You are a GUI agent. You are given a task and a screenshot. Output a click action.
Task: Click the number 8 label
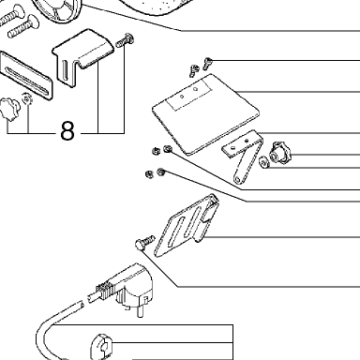pyautogui.click(x=67, y=130)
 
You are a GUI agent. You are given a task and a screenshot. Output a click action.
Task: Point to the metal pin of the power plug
pyautogui.click(x=141, y=311)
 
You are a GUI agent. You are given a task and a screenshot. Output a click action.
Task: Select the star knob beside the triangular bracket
pyautogui.click(x=279, y=154)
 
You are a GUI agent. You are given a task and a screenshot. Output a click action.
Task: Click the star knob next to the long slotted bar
pyautogui.click(x=9, y=109)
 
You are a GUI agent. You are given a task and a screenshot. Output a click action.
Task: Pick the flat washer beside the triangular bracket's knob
pyautogui.click(x=264, y=162)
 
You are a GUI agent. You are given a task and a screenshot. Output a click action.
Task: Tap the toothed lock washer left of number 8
pyautogui.click(x=27, y=99)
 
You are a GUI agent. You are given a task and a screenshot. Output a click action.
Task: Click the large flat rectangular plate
pyautogui.click(x=205, y=114)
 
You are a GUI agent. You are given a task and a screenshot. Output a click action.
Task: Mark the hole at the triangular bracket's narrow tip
pyautogui.click(x=238, y=179)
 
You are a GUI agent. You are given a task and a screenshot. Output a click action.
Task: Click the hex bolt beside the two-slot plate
pyautogui.click(x=144, y=242)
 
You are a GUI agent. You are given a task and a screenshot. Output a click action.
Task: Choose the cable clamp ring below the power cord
pyautogui.click(x=101, y=347)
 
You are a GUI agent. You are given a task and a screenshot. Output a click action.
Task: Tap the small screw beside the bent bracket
pyautogui.click(x=125, y=40)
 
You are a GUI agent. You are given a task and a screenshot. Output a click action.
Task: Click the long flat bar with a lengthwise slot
pyautogui.click(x=24, y=76)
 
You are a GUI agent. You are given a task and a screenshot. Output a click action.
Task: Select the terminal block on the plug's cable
pyautogui.click(x=103, y=291)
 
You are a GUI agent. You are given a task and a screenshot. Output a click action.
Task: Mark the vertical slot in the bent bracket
pyautogui.click(x=65, y=69)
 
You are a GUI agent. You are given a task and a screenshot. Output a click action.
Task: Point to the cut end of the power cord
pyautogui.click(x=81, y=305)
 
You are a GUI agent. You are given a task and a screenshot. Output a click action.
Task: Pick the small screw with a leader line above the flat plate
pyautogui.click(x=208, y=63)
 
